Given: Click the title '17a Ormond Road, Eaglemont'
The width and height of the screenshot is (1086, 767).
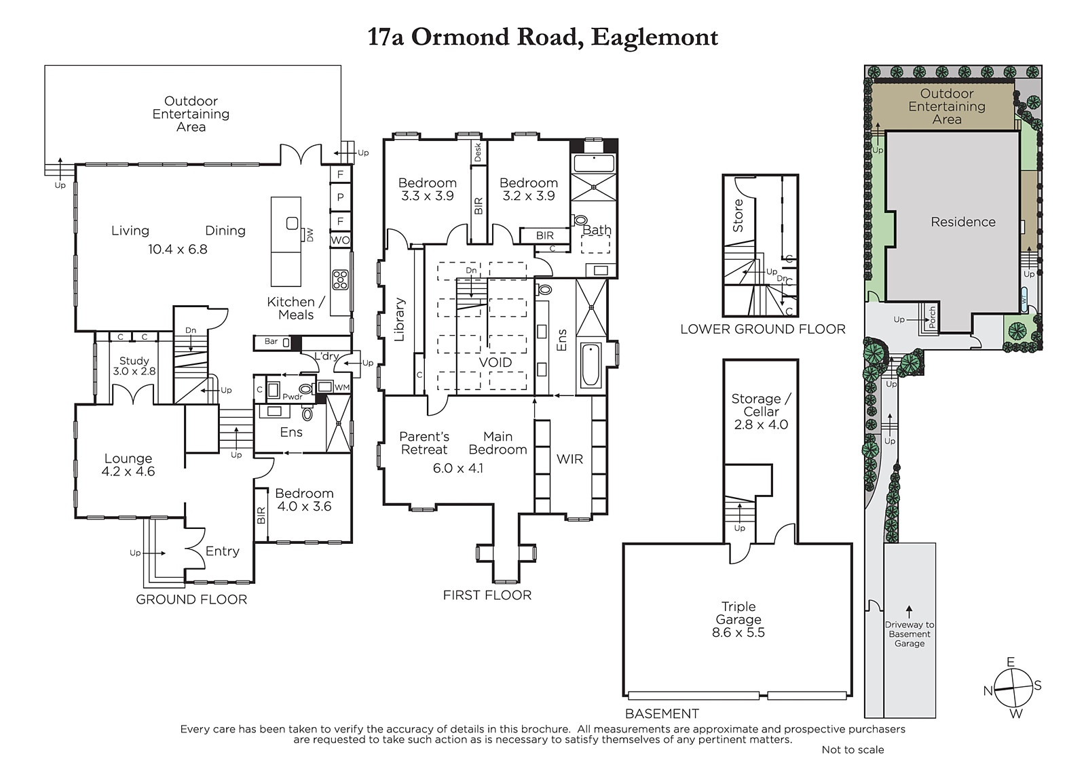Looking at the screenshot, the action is tap(542, 37).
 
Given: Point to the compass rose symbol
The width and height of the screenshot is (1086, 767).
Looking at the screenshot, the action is tap(1013, 688).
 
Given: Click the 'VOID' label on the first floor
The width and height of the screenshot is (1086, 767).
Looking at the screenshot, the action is tap(495, 362).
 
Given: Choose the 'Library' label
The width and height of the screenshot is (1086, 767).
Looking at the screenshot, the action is tap(399, 319).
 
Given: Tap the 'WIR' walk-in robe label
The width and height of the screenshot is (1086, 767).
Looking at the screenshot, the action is tap(569, 459).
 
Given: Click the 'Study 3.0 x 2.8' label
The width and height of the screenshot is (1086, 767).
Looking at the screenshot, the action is tap(134, 366).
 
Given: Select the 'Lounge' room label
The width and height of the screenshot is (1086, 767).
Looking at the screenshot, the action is tap(128, 458).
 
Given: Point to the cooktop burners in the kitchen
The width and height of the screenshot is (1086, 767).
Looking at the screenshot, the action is tap(340, 279).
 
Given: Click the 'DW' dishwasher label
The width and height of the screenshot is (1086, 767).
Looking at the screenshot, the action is tap(310, 235).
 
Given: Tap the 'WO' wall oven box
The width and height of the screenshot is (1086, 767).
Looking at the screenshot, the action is tap(340, 240).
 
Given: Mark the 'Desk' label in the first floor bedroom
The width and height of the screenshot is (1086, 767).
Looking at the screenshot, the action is tap(478, 152).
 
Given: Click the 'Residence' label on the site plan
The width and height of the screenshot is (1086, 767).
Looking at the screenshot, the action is tap(963, 222).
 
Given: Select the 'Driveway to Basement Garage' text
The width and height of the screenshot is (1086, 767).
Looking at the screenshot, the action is tap(910, 634).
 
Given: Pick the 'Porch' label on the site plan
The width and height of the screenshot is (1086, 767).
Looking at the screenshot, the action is tap(931, 317).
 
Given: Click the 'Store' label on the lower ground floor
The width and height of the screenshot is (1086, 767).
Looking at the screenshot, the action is tap(737, 216).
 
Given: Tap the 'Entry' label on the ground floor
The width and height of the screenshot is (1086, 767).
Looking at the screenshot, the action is tap(223, 551).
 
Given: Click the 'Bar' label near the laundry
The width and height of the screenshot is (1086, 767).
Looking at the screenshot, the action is tap(271, 341).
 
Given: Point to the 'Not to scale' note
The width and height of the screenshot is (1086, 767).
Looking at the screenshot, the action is tap(853, 749).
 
